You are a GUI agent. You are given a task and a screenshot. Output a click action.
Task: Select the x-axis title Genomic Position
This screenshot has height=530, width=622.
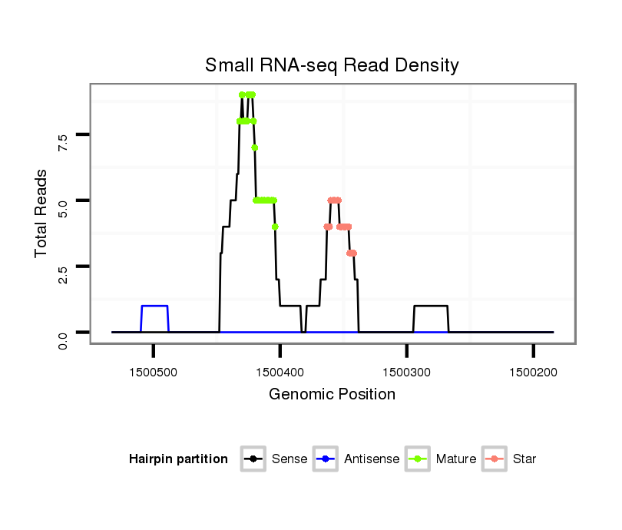pos(332,395)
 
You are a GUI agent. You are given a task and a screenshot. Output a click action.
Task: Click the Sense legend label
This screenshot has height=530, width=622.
pos(289,459)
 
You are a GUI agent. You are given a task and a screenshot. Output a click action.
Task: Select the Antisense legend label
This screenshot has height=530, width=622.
pos(372,459)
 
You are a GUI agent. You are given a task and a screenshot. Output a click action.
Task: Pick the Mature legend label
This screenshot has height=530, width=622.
pos(456,459)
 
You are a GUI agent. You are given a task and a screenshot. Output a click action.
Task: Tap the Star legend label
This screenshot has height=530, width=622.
pos(524,459)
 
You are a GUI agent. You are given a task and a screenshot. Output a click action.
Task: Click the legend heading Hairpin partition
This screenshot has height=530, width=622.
pos(178,459)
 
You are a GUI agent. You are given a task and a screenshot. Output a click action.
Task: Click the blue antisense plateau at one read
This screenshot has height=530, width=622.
pos(154,306)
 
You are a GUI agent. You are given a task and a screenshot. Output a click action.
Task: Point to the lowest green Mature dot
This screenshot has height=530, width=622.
pos(275,227)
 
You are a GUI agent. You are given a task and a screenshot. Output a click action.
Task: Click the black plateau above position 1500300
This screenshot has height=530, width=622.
pos(431,306)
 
